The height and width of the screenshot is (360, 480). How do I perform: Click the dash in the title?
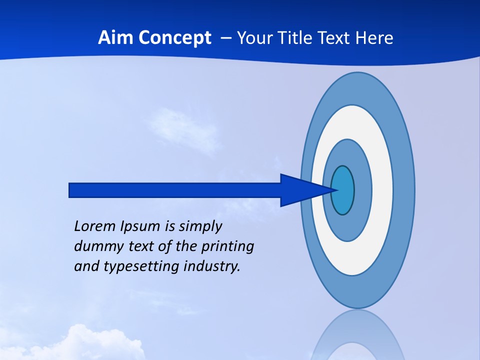pos(225,38)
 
